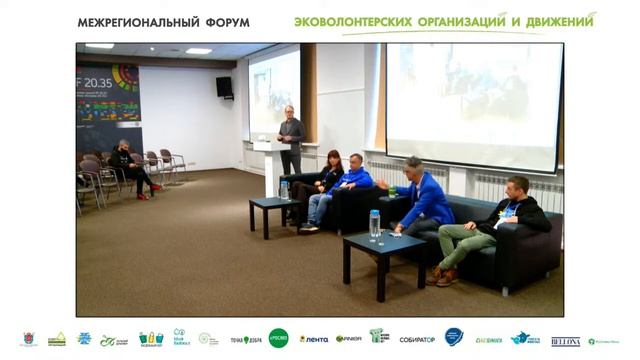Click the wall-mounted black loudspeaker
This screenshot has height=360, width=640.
click(223, 87)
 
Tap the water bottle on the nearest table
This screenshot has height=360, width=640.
click(375, 226)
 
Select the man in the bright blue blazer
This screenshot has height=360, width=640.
click(424, 201)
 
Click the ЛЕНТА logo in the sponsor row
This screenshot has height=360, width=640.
click(314, 340)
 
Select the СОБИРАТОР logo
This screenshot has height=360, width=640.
click(417, 340)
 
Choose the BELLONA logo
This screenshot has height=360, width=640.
click(565, 341)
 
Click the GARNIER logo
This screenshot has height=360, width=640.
click(348, 340)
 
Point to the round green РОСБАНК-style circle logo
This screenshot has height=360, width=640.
click(278, 339)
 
